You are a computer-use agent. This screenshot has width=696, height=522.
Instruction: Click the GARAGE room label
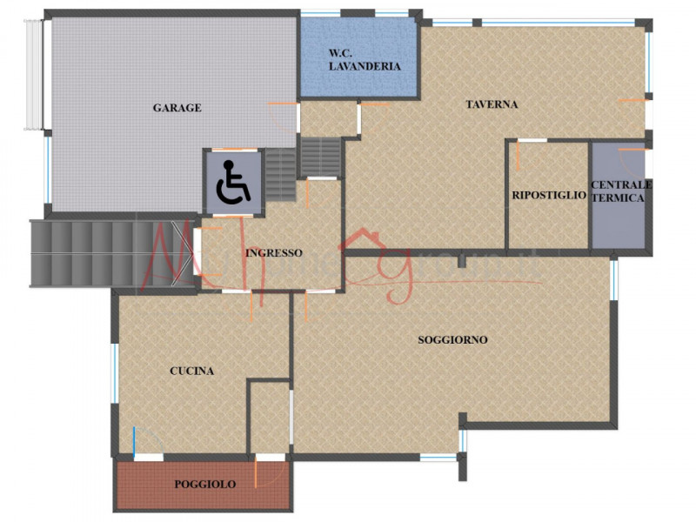pyautogui.click(x=177, y=108)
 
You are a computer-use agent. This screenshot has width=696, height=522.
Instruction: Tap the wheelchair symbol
pyautogui.click(x=232, y=183)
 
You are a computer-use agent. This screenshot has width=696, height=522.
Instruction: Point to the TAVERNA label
pyautogui.click(x=492, y=104)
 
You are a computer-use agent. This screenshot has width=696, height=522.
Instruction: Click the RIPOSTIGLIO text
pyautogui.click(x=549, y=196)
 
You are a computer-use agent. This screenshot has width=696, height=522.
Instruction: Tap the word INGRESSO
pyautogui.click(x=274, y=253)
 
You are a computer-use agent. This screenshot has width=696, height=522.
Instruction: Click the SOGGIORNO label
pyautogui.click(x=452, y=339)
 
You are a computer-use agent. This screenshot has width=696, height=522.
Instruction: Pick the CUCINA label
pyautogui.click(x=191, y=371)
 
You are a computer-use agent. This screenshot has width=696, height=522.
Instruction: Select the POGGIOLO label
pyautogui.click(x=204, y=485)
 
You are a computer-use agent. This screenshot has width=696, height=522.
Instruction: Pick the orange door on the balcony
pyautogui.click(x=255, y=472)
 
